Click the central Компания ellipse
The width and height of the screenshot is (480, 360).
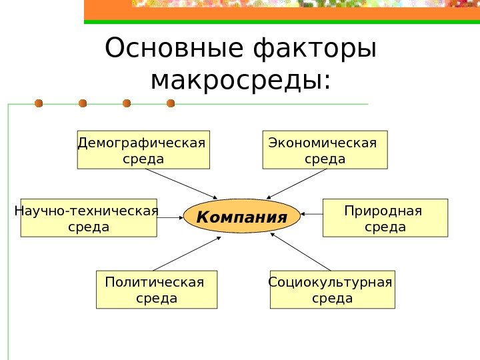pyautogui.click(x=242, y=217)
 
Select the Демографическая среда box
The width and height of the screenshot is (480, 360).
pyautogui.click(x=143, y=149)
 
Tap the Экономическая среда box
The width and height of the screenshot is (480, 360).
pyautogui.click(x=325, y=149)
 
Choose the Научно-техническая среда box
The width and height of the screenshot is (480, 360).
pyautogui.click(x=89, y=218)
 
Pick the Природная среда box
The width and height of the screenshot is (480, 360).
pyautogui.click(x=385, y=218)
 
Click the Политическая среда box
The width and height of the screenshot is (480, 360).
pyautogui.click(x=157, y=289)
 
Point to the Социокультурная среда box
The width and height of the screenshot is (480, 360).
pyautogui.click(x=332, y=289)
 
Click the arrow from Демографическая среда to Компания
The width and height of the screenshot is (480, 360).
pyautogui.click(x=181, y=183)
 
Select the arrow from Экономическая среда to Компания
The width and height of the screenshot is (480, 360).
pyautogui.click(x=297, y=183)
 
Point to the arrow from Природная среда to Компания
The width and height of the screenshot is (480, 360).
pyautogui.click(x=312, y=214)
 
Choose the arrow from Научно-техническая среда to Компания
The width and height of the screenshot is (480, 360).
pyautogui.click(x=170, y=217)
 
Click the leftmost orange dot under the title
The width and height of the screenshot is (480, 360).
pyautogui.click(x=39, y=103)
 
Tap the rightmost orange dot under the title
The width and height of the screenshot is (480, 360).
pyautogui.click(x=171, y=103)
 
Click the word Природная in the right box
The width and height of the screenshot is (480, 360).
pyautogui.click(x=383, y=211)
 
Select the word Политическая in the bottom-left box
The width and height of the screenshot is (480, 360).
pyautogui.click(x=154, y=282)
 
